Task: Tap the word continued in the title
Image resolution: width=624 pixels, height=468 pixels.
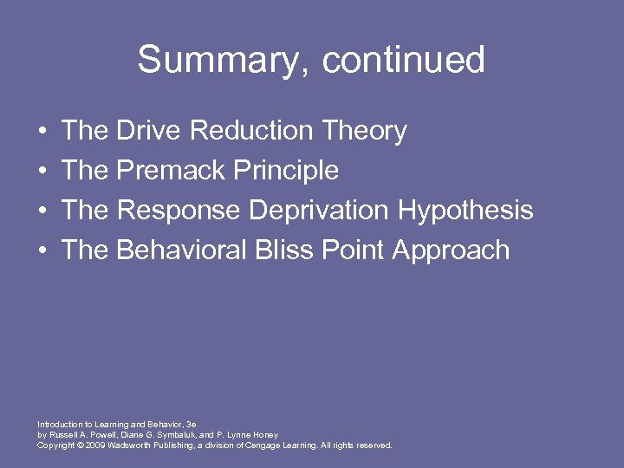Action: pos(403,61)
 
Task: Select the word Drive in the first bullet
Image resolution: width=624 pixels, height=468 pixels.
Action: pos(148,131)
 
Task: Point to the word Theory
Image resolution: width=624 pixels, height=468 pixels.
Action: pos(363,132)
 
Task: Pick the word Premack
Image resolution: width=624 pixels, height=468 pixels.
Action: pos(171,171)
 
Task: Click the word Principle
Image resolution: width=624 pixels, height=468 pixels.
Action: pos(286,171)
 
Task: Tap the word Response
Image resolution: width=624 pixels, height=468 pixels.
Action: pos(179,211)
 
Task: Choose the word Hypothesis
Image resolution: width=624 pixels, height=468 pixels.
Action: pos(465,211)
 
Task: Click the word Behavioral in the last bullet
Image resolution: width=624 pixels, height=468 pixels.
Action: pos(181,250)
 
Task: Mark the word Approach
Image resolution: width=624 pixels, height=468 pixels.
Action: pos(451,251)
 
